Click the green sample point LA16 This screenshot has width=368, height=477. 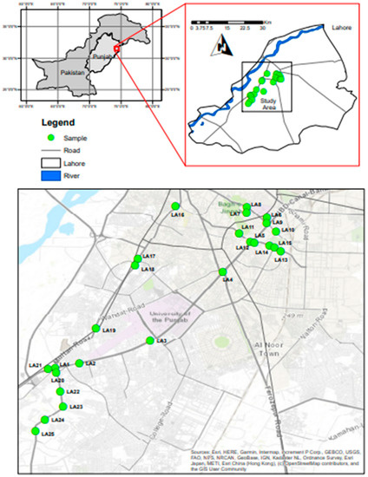pyautogui.click(x=175, y=206)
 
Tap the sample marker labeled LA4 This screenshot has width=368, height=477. pyautogui.click(x=223, y=272)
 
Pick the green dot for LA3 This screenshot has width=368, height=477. pyautogui.click(x=150, y=341)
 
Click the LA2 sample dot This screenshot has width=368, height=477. pyautogui.click(x=79, y=363)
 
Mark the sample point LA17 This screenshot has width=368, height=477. pyautogui.click(x=137, y=259)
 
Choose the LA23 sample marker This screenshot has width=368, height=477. pyautogui.click(x=62, y=406)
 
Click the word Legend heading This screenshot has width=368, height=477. pyautogui.click(x=50, y=123)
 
